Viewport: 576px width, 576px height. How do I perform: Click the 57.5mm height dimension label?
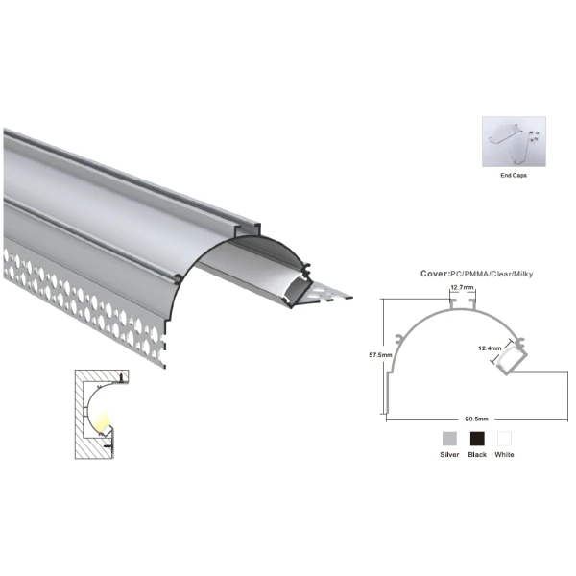380,355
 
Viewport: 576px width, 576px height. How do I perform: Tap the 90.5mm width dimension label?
476,419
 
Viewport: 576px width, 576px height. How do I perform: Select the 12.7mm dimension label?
462,287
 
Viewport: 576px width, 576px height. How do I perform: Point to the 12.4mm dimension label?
490,348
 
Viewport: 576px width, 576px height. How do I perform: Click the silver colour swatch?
449,439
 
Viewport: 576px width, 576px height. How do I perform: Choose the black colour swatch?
477,439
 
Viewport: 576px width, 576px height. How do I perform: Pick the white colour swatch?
504,439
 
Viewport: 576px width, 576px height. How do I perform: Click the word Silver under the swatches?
449,455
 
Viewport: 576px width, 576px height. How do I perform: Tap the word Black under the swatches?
477,455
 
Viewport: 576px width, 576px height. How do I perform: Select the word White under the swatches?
504,455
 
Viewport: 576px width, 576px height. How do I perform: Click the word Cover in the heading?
434,274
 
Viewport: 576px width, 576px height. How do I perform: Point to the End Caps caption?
514,176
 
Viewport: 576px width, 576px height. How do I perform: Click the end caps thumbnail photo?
514,142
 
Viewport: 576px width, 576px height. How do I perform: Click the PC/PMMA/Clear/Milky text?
492,274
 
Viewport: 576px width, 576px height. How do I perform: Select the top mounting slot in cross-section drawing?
463,304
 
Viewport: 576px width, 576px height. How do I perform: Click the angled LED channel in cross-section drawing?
510,357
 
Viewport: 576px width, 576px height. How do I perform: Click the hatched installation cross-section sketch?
102,415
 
